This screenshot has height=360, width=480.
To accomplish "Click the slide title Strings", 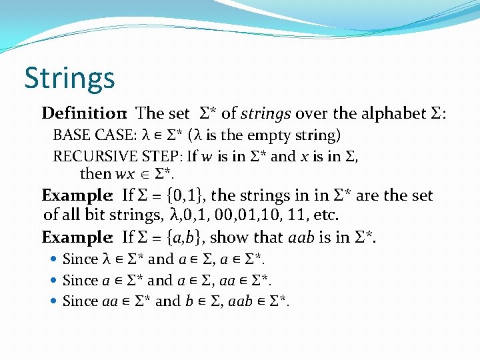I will tap(69, 78).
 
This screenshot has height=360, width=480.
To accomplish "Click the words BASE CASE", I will tap(93, 136).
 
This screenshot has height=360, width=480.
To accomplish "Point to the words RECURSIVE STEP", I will tap(115, 157).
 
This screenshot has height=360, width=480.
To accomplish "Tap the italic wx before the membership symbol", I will tap(125, 175).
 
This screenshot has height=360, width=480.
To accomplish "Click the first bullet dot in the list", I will tap(53, 259).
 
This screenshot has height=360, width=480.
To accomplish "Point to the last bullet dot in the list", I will tap(53, 301).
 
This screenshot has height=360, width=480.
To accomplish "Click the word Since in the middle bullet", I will tap(80, 280).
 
